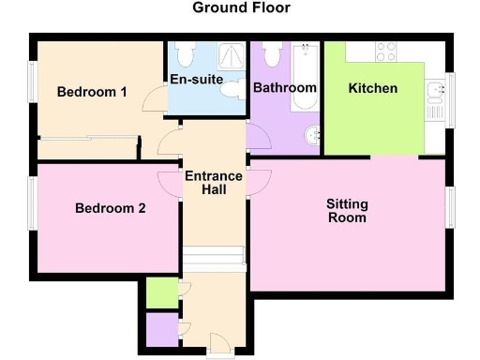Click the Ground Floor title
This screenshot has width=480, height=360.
pos(241,8)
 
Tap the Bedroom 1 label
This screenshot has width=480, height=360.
pos(92,92)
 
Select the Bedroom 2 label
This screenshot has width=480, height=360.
pos(110,209)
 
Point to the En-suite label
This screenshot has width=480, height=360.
pos(196,80)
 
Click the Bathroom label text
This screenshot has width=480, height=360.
pos(285,88)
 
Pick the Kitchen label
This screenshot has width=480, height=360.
pos(373,89)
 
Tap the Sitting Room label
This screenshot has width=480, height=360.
pos(347,211)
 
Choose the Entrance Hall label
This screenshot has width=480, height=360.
pos(213,183)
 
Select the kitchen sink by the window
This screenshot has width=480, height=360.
pos(434,92)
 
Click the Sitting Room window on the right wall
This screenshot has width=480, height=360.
pos(449,208)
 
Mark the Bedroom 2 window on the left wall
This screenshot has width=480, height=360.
pos(32,202)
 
